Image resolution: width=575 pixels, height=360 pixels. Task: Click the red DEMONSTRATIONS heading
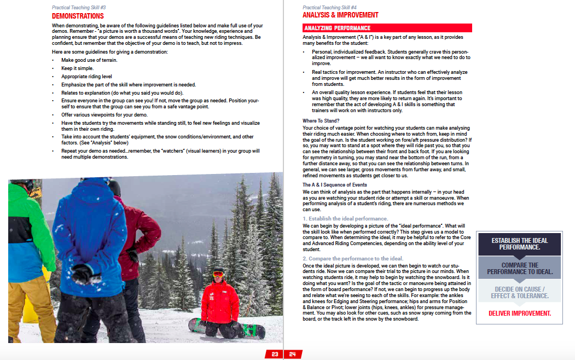point(78,16)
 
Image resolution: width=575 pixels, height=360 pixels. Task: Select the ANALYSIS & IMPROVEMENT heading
point(340,15)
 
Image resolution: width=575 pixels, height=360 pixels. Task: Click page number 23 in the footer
point(275,354)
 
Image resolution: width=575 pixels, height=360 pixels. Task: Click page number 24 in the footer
point(292,354)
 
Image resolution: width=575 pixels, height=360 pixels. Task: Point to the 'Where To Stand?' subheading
point(321,121)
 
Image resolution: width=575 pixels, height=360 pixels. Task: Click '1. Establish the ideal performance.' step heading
point(345,219)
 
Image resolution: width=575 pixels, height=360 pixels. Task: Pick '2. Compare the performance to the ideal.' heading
point(353,258)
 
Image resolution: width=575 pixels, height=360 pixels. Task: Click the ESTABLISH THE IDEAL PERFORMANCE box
point(519,244)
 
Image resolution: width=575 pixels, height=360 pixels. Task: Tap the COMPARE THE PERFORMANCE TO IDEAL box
point(520,268)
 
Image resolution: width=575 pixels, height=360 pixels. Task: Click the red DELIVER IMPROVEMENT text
point(520,313)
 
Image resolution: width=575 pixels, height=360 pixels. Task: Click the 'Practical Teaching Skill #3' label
point(79,8)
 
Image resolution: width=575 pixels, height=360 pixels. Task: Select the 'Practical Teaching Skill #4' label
point(329,8)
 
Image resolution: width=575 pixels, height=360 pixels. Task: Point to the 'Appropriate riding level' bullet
point(86,77)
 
